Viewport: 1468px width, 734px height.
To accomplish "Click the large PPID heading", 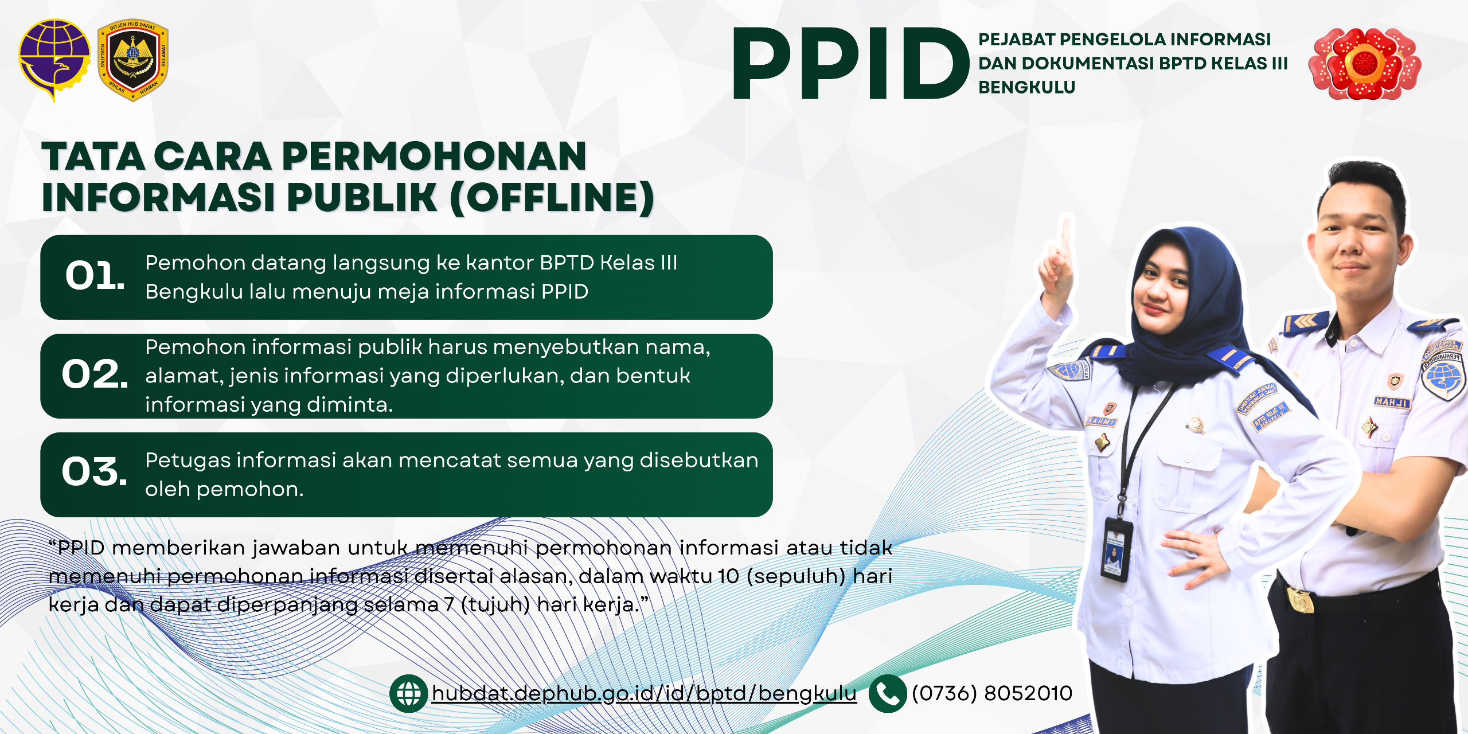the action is point(850,63).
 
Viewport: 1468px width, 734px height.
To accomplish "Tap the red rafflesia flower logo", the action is point(1365,63).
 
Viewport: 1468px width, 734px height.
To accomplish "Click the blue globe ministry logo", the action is point(54,60).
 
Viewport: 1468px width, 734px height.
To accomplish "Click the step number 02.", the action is point(95,374).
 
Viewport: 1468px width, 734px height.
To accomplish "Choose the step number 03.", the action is point(95,472).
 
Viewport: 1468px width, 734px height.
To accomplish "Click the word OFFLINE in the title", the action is point(552,197).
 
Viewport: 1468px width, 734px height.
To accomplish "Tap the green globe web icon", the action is point(408,694).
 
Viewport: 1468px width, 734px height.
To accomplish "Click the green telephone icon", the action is point(888,694).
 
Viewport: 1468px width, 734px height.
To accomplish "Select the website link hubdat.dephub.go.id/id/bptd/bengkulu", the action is point(644,694).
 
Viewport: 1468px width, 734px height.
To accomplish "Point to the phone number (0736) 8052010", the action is point(992,693).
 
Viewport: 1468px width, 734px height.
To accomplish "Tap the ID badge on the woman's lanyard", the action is point(1115,548).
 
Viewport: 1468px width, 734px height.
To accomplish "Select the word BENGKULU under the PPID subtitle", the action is point(1027,87).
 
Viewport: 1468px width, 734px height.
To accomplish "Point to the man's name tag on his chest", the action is point(1392,402).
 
